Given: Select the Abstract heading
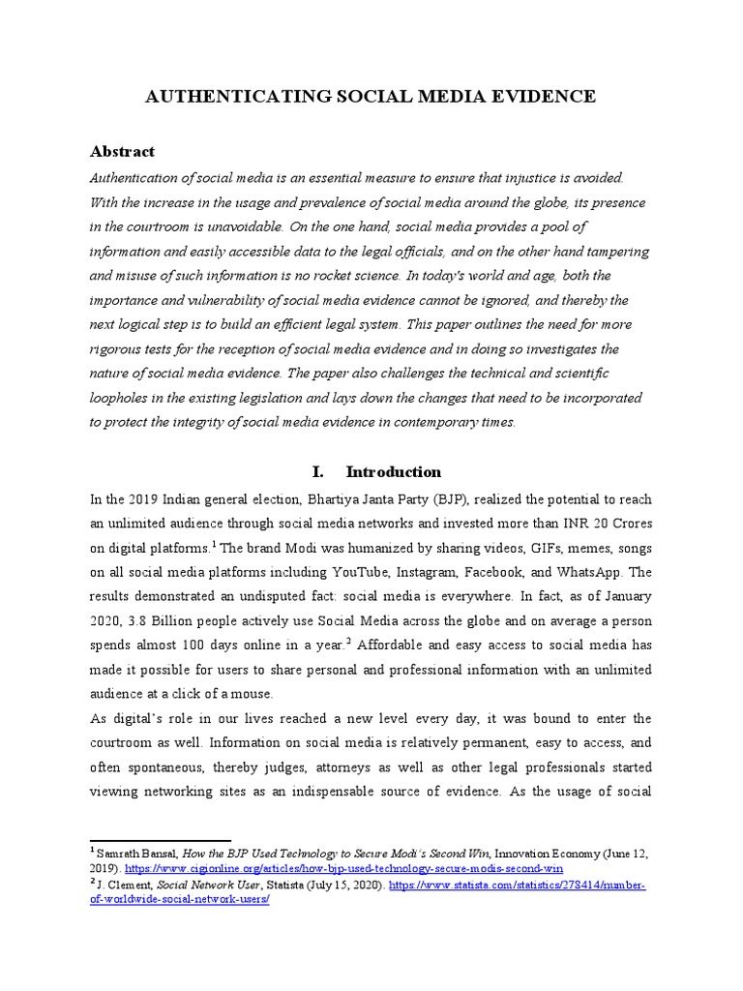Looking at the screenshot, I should pyautogui.click(x=122, y=152).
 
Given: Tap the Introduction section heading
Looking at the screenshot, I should pyautogui.click(x=393, y=472).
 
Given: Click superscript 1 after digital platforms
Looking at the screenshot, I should pyautogui.click(x=214, y=544).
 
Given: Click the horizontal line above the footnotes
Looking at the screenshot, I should pyautogui.click(x=160, y=840).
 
